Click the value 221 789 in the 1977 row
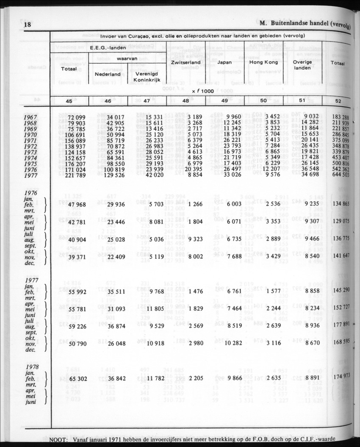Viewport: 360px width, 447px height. [x=74, y=175]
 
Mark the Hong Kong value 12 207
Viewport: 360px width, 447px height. [x=269, y=169]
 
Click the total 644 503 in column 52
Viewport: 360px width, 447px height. [x=340, y=175]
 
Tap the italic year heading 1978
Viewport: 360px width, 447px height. [x=33, y=366]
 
